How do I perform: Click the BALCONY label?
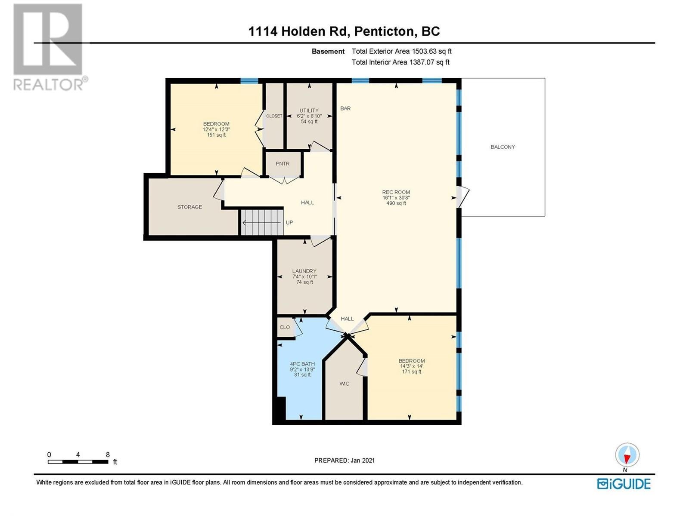(503, 147)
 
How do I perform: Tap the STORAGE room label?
(189, 207)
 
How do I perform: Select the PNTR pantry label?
(282, 163)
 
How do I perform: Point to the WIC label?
(344, 384)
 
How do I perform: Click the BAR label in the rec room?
(345, 108)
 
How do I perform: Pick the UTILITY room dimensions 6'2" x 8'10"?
(309, 116)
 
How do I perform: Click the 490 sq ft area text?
(396, 203)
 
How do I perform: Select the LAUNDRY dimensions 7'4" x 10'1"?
(304, 276)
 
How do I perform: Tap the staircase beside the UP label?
(262, 222)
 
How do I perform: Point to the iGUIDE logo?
(624, 484)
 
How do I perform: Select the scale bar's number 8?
(108, 455)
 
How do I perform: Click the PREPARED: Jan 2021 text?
(344, 460)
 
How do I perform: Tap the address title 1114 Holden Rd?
(298, 31)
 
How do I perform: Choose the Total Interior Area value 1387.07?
(422, 62)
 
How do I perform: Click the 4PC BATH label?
(302, 364)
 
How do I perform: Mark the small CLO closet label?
(285, 327)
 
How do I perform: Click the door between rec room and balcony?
(462, 197)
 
